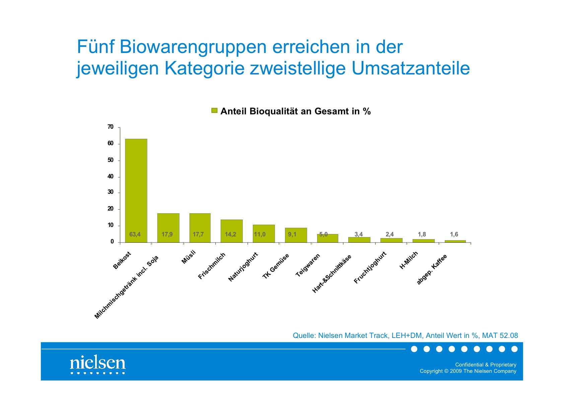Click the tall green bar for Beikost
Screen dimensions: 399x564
click(136, 188)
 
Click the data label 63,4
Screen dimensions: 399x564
click(135, 234)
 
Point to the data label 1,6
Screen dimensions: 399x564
click(454, 234)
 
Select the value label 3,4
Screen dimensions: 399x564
click(359, 234)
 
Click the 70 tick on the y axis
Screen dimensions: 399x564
click(111, 127)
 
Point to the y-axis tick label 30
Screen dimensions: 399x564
click(111, 192)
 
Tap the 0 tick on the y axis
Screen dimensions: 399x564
click(112, 242)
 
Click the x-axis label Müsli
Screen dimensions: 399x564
click(188, 257)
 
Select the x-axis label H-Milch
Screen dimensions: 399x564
click(409, 260)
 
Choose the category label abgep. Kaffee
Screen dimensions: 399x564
click(432, 270)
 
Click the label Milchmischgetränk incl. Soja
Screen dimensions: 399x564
click(127, 287)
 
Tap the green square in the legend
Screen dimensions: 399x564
click(214, 111)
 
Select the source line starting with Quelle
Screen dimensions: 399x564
click(405, 335)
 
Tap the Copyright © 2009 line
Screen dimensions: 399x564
click(468, 371)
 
